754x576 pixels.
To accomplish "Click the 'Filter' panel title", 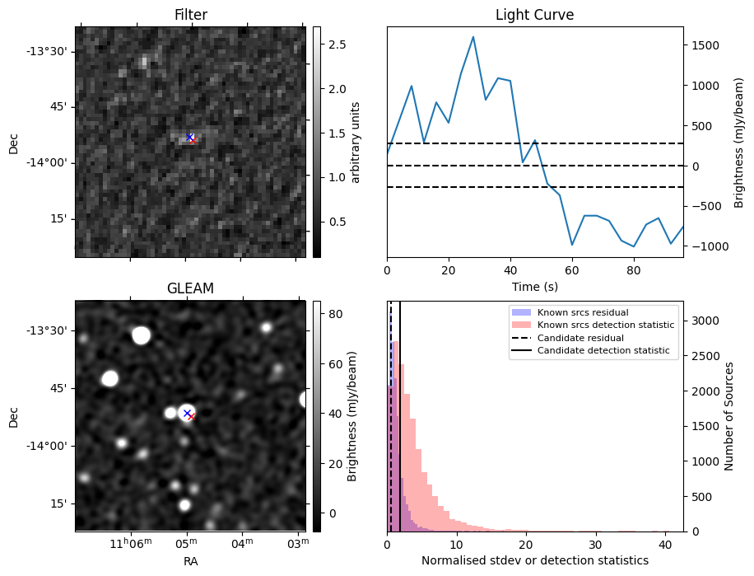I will [190, 15].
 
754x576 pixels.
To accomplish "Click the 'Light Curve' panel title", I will [534, 15].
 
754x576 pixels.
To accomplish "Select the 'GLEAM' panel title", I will [190, 288].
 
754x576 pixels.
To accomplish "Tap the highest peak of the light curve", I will [473, 36].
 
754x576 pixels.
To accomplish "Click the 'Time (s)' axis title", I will [534, 285].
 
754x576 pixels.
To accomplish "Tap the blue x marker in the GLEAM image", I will [187, 413].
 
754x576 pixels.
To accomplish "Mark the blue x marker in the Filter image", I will [189, 137].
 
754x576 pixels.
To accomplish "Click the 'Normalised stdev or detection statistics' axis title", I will [534, 560].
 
